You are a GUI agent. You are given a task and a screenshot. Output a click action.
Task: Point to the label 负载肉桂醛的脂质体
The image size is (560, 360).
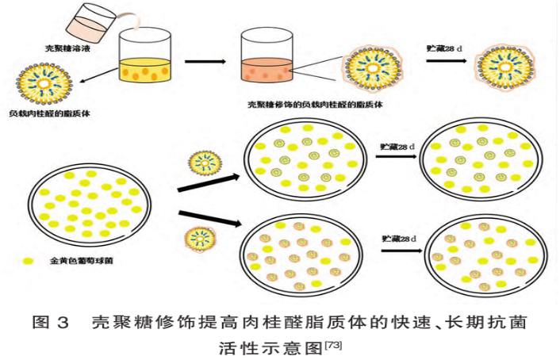(49, 114)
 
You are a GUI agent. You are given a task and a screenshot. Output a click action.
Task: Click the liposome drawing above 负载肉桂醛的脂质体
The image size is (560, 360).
(48, 81)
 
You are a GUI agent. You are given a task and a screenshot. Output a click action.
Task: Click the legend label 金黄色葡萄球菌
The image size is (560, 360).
(79, 260)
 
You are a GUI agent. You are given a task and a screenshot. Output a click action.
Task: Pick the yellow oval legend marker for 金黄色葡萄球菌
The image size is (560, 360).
(30, 259)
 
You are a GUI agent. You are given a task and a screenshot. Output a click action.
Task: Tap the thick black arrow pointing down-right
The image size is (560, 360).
(209, 218)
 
